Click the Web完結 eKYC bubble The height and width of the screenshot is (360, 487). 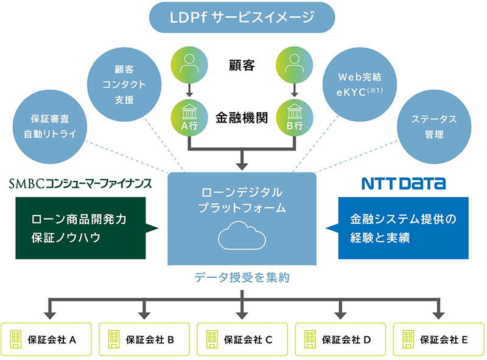point(362,85)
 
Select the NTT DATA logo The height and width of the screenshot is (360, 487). point(403,183)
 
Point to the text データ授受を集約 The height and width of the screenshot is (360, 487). point(242,278)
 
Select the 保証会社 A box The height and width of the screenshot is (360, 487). point(47,339)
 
